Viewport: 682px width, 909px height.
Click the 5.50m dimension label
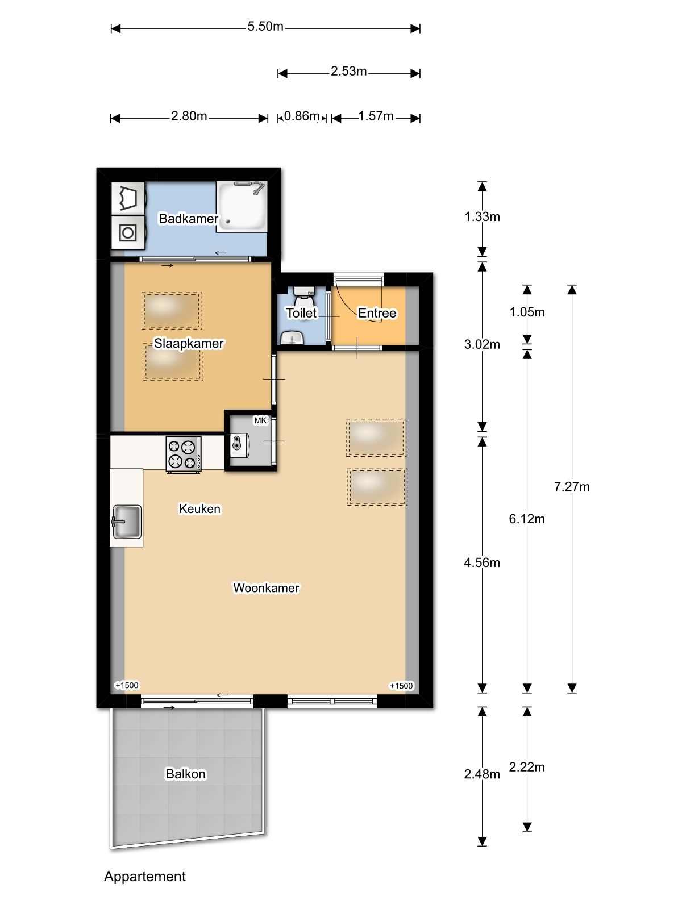click(265, 27)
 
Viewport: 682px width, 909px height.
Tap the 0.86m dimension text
click(302, 116)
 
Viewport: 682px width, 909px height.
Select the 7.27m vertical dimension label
click(572, 487)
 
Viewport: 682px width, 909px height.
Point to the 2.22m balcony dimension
click(527, 768)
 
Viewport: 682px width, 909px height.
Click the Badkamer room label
click(188, 219)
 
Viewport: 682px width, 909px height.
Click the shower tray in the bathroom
click(243, 207)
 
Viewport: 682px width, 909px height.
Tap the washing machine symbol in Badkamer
click(128, 232)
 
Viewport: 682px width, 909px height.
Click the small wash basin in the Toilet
click(293, 339)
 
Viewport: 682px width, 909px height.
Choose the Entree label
click(377, 313)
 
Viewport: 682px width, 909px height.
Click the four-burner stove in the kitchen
click(184, 454)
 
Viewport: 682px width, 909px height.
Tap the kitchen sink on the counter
click(127, 522)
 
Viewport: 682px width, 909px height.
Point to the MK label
click(260, 420)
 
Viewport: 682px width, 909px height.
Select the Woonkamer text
click(266, 588)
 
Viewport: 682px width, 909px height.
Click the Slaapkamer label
click(189, 344)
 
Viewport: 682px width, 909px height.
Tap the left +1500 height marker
click(127, 686)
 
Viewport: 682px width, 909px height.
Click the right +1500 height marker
click(401, 686)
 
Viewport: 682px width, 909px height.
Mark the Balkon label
click(185, 774)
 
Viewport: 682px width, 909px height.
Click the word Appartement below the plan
click(145, 877)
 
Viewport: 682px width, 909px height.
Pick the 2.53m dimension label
click(348, 72)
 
